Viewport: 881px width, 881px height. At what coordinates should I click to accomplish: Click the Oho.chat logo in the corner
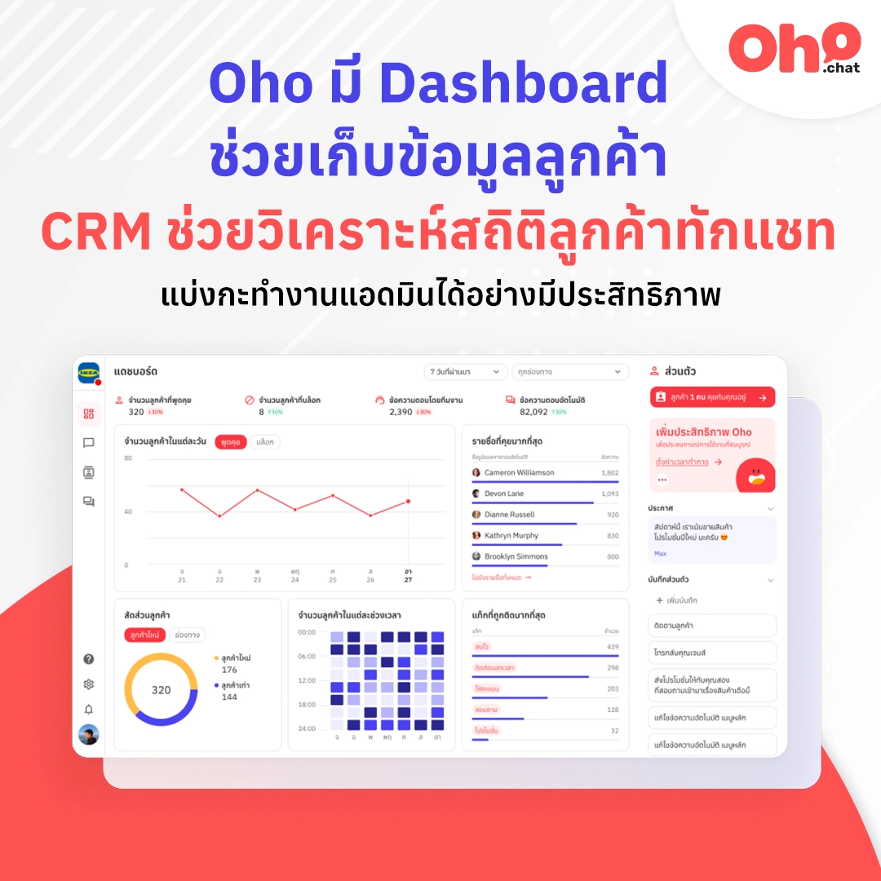tap(794, 49)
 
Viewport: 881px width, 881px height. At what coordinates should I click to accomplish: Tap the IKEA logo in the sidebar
tap(88, 373)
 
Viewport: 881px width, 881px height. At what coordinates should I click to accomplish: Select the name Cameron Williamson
tap(519, 473)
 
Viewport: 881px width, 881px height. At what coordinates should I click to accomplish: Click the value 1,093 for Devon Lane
tap(609, 494)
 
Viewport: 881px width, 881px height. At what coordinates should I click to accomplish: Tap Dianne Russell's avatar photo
tap(476, 515)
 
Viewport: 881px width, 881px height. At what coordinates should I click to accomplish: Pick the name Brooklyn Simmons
tap(516, 556)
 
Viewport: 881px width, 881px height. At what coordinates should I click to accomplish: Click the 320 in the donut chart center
tap(162, 690)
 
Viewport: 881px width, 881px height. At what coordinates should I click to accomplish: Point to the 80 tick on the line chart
tap(128, 458)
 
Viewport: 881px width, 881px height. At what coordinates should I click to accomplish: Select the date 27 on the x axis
tap(408, 580)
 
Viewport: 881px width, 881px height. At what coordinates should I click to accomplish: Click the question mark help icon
tap(89, 659)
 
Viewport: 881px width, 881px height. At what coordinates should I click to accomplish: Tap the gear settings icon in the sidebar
tap(89, 684)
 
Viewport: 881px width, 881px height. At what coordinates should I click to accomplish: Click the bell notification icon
tap(89, 710)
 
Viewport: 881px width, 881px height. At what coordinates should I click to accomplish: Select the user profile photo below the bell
tap(89, 734)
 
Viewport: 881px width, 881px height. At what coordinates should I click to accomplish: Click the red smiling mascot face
tap(755, 476)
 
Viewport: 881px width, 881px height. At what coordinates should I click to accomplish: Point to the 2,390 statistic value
tap(401, 412)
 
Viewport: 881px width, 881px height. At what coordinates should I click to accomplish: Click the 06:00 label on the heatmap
tap(307, 657)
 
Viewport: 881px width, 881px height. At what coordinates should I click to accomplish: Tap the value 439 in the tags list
tap(613, 647)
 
